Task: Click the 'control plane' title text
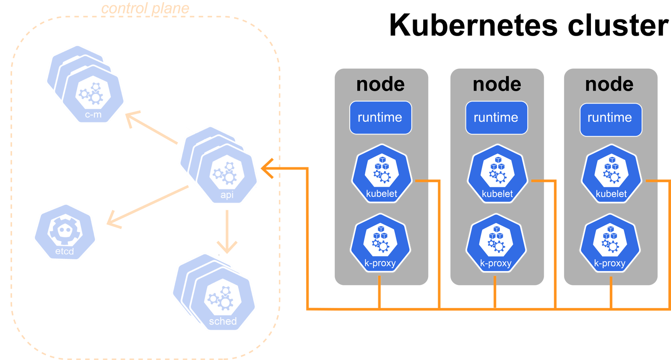point(145,8)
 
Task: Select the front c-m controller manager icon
point(93,95)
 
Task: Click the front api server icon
point(227,174)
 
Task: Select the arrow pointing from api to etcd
point(147,206)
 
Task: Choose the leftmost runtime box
point(380,117)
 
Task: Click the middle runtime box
point(496,117)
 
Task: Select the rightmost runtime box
point(611,119)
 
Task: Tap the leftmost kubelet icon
point(381,174)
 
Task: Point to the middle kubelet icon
point(497,174)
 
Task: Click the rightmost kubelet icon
point(611,174)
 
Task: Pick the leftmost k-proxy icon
point(380,243)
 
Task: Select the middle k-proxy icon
point(496,243)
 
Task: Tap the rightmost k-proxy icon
point(610,243)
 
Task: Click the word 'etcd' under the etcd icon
point(65,251)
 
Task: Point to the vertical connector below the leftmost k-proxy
point(380,292)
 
